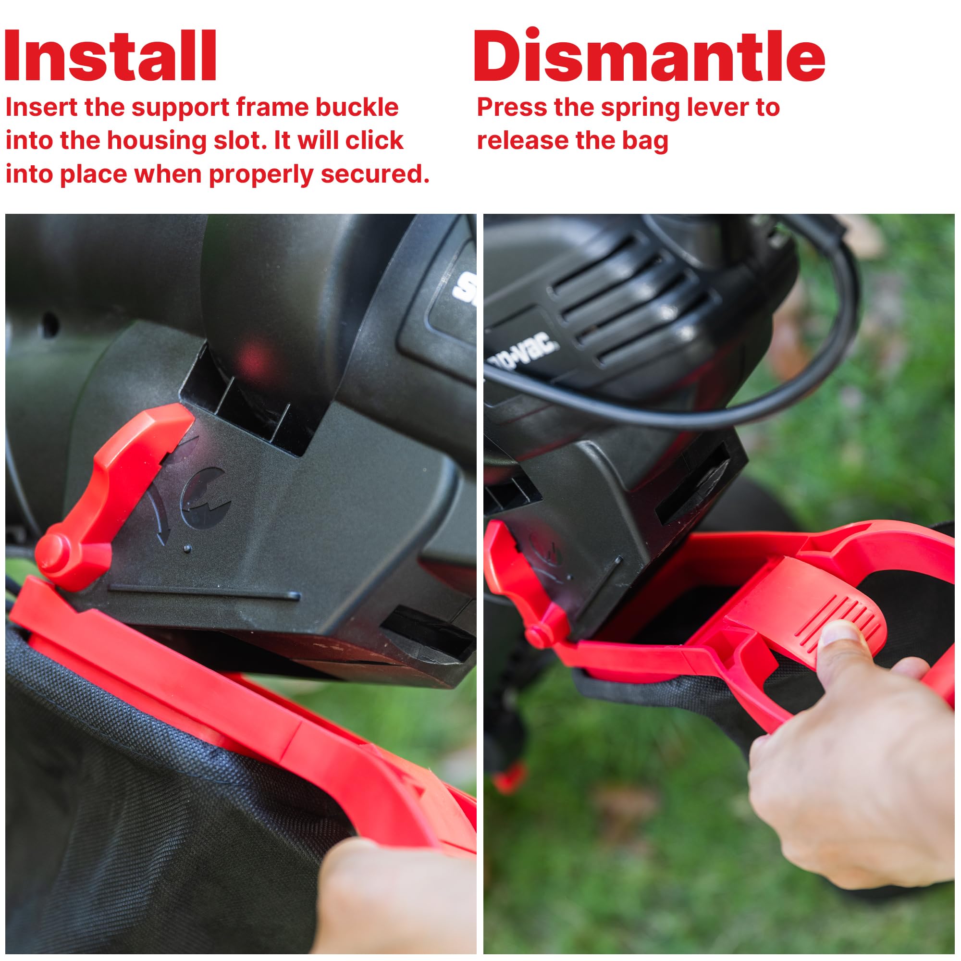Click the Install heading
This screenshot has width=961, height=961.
[x=111, y=56]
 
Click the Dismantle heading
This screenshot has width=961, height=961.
[x=649, y=56]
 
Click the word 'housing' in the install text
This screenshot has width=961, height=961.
[x=156, y=141]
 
